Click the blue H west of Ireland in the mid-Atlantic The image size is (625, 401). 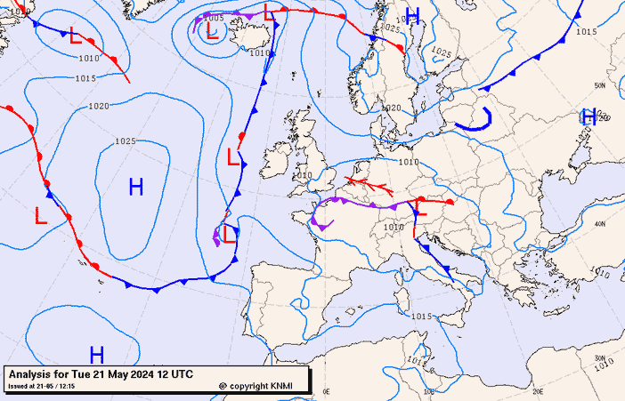tap(136, 187)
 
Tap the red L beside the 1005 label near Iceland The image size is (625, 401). tap(212, 31)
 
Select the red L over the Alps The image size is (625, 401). tap(421, 210)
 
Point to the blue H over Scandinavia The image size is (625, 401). tap(412, 15)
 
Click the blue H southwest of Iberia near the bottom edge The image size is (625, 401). tap(97, 355)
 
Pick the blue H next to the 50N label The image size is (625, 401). tap(588, 116)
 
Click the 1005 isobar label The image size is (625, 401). tap(214, 18)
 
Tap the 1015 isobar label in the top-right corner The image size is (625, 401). tap(586, 32)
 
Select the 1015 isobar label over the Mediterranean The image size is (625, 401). tap(421, 317)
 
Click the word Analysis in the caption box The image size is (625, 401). tap(34, 373)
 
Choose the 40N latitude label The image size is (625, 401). tap(599, 223)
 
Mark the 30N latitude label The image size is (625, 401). tap(599, 357)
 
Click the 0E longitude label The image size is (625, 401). tap(326, 391)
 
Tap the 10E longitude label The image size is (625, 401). tap(430, 391)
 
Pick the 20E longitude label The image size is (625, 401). tap(537, 391)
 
